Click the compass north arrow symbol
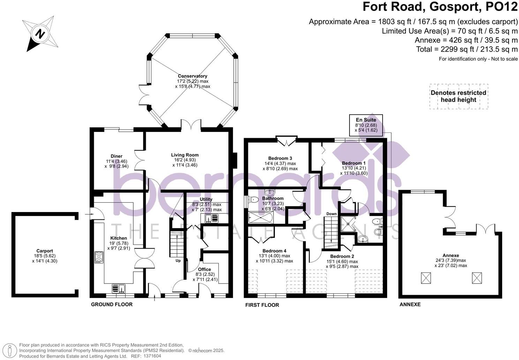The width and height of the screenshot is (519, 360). click(x=40, y=34)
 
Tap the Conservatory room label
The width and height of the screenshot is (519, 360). click(x=193, y=76)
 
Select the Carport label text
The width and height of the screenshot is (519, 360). click(x=45, y=251)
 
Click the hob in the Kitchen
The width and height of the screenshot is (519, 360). click(x=99, y=257)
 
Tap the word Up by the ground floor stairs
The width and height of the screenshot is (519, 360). click(x=178, y=261)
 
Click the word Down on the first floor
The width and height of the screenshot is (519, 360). click(x=331, y=214)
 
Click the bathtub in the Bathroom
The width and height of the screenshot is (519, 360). click(x=261, y=218)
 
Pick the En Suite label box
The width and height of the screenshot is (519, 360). click(x=366, y=125)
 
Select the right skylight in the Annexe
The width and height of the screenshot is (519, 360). click(x=477, y=278)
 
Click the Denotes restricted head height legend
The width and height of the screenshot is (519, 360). click(x=458, y=96)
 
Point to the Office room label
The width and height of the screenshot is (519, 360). click(x=204, y=269)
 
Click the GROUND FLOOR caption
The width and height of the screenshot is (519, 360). click(x=112, y=305)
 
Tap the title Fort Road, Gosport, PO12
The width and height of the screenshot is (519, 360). click(x=440, y=7)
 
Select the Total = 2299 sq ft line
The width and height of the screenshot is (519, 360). click(x=467, y=49)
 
